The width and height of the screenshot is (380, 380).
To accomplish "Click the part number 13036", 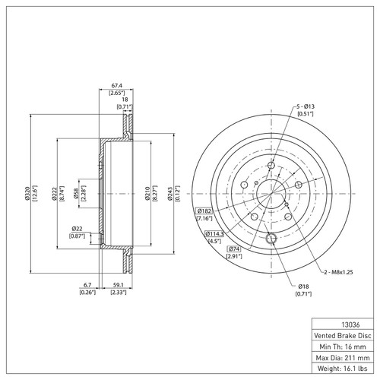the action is pyautogui.click(x=350, y=325).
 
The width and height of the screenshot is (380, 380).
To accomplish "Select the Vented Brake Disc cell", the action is pyautogui.click(x=343, y=335).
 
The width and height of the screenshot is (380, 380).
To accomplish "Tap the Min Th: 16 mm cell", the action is pyautogui.click(x=343, y=347).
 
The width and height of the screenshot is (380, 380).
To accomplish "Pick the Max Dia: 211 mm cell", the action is pyautogui.click(x=343, y=357).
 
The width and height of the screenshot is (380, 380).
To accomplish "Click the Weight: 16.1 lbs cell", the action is pyautogui.click(x=343, y=368).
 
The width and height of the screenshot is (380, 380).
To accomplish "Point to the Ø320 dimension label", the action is pyautogui.click(x=27, y=194).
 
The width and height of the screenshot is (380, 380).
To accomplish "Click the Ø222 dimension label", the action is pyautogui.click(x=54, y=194).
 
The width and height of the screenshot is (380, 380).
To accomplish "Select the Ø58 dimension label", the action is pyautogui.click(x=76, y=194).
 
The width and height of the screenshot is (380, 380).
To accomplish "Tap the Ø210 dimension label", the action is pyautogui.click(x=147, y=194).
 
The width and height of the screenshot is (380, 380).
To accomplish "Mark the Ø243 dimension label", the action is pyautogui.click(x=170, y=194).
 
